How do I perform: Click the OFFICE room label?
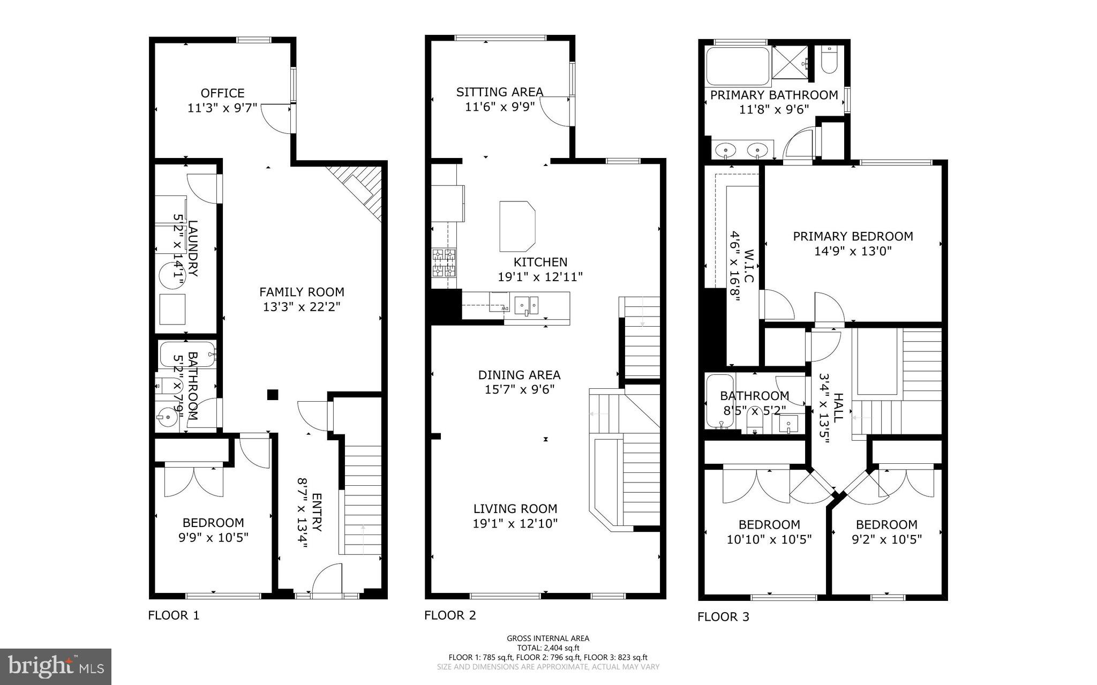point(222,93)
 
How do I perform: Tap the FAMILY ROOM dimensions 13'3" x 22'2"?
point(302,307)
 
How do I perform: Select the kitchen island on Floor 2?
point(516,226)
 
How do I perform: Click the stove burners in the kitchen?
point(444,262)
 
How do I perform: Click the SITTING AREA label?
point(499,92)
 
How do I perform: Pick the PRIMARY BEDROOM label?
point(853,236)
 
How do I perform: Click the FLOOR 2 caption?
point(450,615)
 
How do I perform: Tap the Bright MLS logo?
point(56,666)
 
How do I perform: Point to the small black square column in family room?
point(273,395)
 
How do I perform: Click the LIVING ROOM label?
point(515,509)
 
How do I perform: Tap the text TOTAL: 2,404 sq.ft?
point(547,648)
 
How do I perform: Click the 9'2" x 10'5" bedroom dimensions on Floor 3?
point(886,539)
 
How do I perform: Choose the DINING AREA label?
point(519,375)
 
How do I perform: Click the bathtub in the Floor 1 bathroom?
point(187,354)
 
